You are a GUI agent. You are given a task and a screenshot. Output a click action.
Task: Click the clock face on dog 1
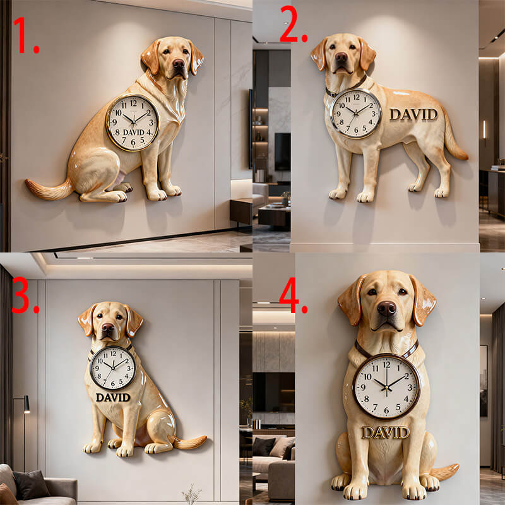pyautogui.click(x=133, y=122)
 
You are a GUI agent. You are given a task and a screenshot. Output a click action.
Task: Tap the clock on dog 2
pyautogui.click(x=356, y=114)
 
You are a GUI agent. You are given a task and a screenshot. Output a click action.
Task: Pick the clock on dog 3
pyautogui.click(x=113, y=367)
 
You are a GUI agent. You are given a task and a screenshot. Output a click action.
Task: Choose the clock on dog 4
pyautogui.click(x=386, y=384)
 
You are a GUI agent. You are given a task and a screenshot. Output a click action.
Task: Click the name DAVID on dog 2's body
pyautogui.click(x=413, y=114)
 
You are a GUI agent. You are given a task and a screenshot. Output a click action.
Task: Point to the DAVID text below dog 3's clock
pyautogui.click(x=113, y=398)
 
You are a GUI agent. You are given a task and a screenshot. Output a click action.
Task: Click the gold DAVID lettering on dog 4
pyautogui.click(x=385, y=432)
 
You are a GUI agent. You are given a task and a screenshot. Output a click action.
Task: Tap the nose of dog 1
pyautogui.click(x=179, y=63)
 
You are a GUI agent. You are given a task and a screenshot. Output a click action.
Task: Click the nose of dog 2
pyautogui.click(x=342, y=57)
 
